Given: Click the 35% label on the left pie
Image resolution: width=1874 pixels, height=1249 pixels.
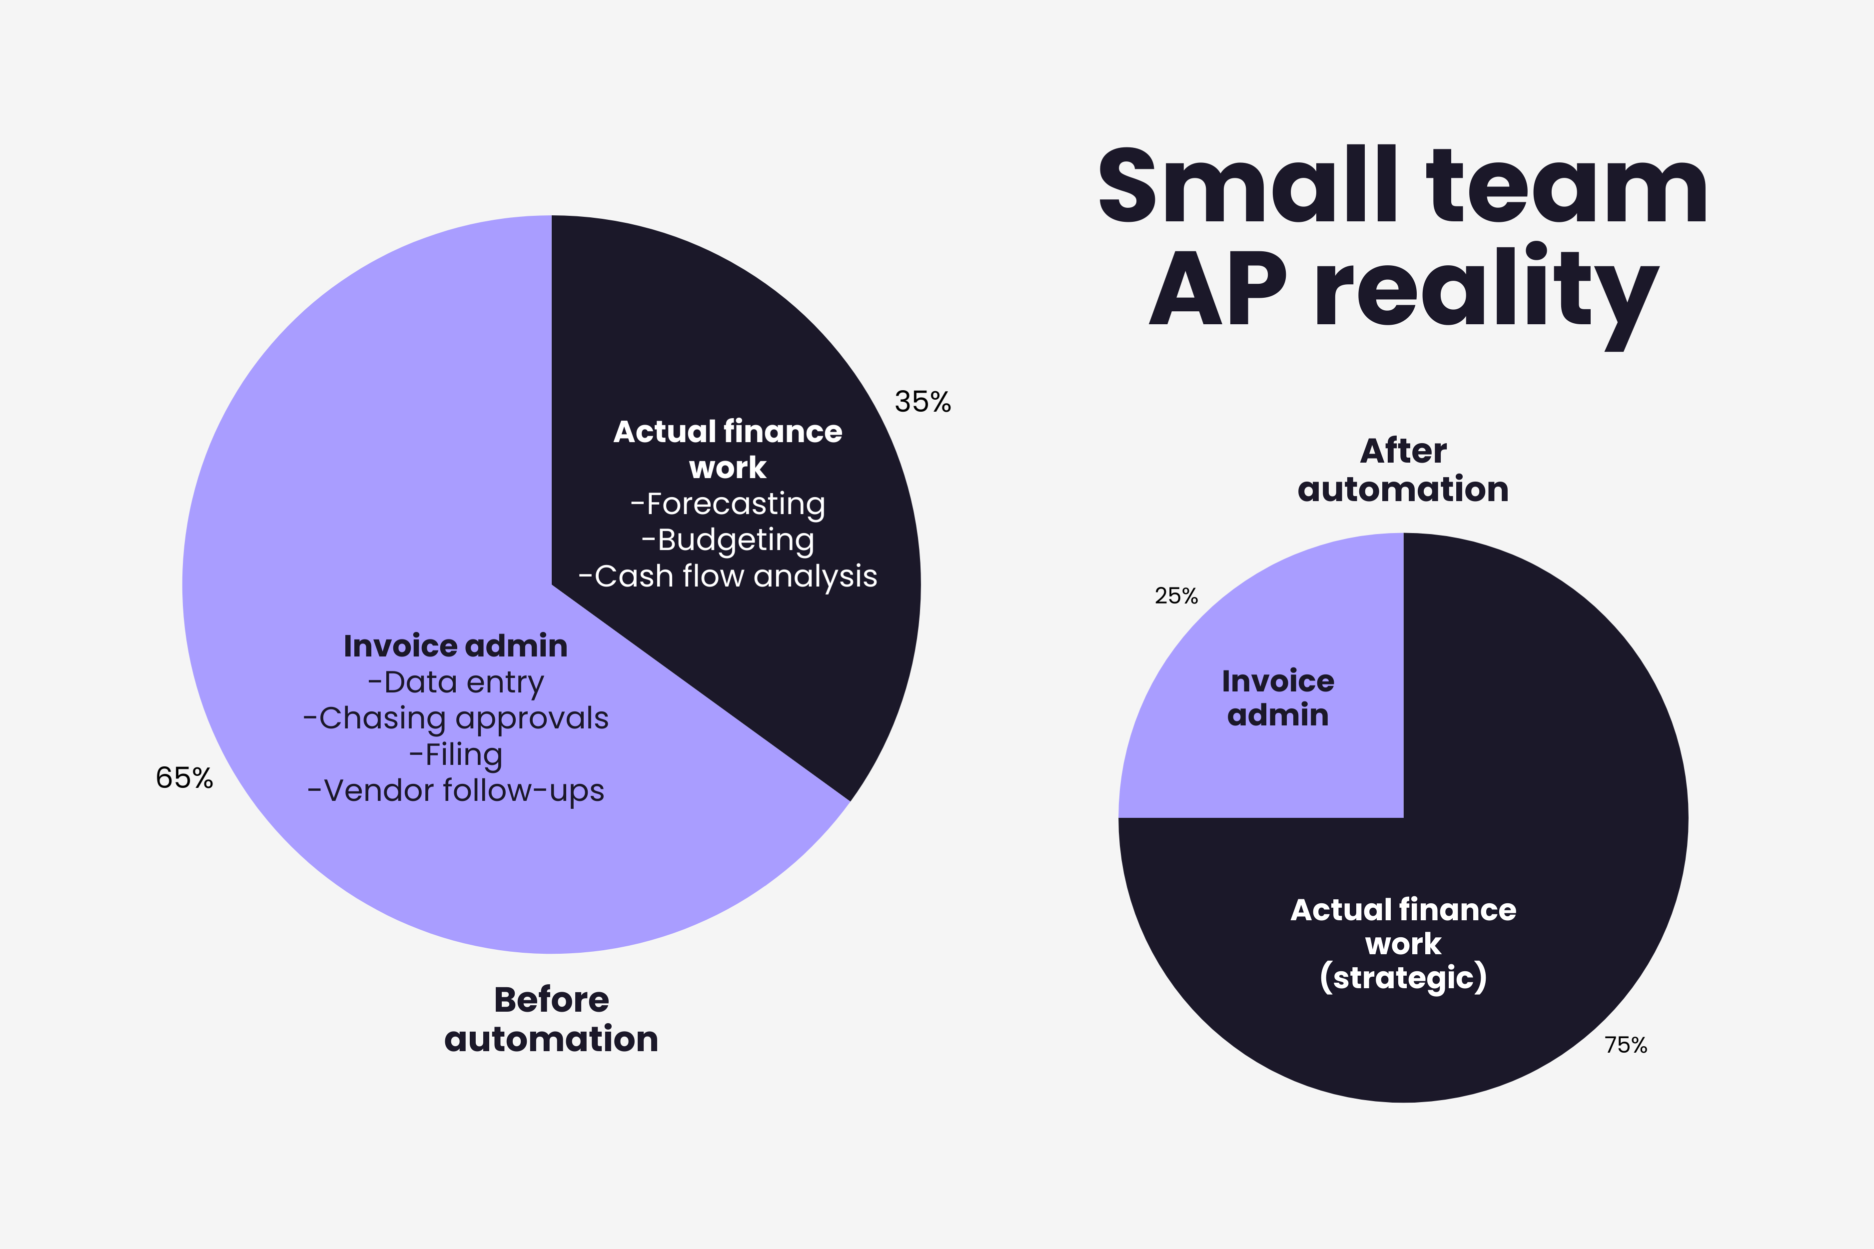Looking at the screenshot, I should point(923,402).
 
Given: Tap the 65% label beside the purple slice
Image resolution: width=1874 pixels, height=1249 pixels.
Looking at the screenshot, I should point(184,777).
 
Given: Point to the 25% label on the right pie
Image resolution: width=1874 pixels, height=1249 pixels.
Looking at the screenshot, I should point(1176,596).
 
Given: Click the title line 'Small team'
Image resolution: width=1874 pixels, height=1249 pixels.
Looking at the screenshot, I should point(1402,185).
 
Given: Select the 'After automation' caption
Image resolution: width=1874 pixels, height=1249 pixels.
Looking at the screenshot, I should point(1403,470).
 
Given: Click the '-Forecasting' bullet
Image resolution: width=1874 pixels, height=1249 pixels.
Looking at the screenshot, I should point(728,504).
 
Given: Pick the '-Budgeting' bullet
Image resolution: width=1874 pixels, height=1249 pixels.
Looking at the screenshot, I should point(728,540).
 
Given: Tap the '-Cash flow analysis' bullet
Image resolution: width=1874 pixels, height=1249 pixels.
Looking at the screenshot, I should point(728,576).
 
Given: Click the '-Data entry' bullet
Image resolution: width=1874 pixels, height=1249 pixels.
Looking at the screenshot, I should point(456,682).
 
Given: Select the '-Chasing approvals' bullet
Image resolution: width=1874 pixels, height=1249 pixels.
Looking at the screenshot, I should point(456,718).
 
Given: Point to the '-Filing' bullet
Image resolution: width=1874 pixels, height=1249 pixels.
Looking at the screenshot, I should point(456,754).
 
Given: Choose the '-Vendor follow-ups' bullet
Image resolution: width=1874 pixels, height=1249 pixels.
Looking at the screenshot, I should point(456,791).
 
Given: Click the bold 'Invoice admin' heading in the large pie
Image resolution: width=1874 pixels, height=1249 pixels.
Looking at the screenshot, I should point(456,646).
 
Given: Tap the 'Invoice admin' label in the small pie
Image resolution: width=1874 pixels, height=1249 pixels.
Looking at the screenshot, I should point(1278,698).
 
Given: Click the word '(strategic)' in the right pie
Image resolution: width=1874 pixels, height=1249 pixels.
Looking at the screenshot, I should point(1403,977).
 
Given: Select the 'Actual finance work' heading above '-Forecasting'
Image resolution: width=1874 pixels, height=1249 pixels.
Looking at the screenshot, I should point(728,449).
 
